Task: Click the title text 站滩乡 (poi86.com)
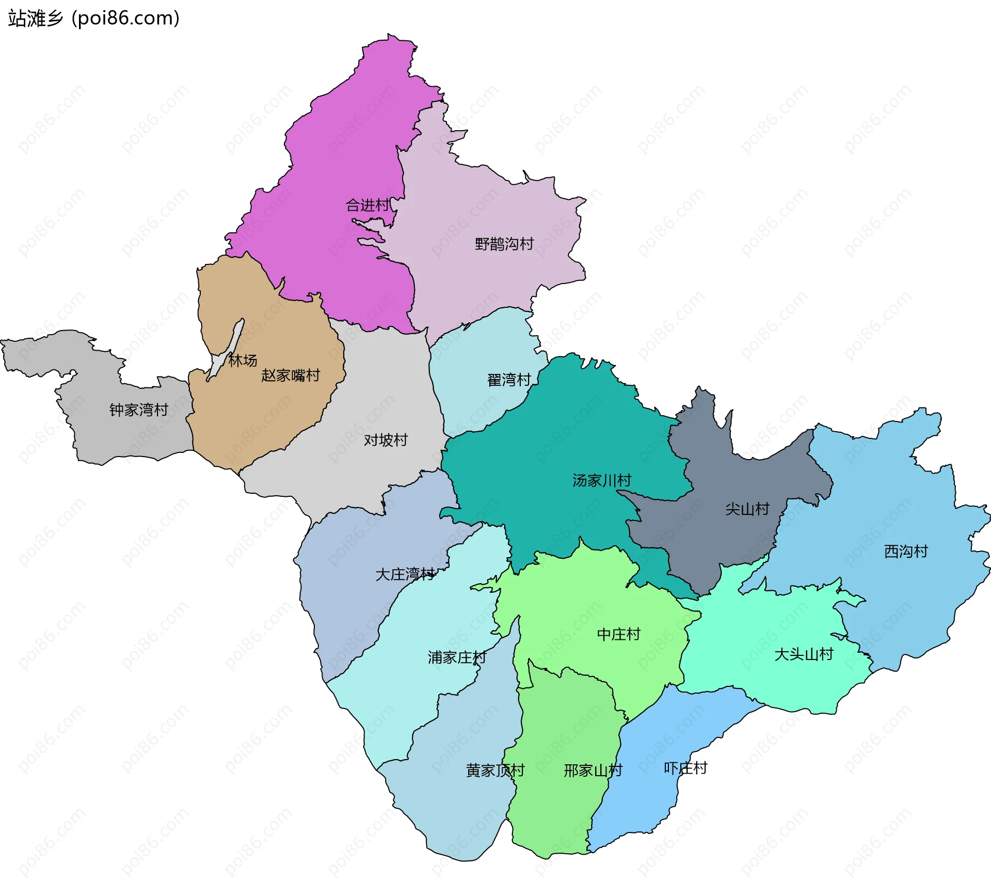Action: (x=93, y=18)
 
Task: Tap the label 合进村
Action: (x=367, y=206)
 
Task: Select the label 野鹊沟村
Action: (x=504, y=244)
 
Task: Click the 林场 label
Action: (x=243, y=360)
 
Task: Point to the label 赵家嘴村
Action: (x=291, y=375)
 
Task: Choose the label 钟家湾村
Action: (x=138, y=410)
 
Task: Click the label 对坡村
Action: (x=386, y=440)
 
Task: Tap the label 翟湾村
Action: (x=509, y=380)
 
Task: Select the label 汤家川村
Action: (x=601, y=481)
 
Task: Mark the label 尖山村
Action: (x=747, y=509)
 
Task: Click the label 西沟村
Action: (x=906, y=552)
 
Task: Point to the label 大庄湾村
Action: (x=405, y=574)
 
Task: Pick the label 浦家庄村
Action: (x=457, y=657)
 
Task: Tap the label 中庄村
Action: (x=618, y=634)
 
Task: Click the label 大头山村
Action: (x=804, y=654)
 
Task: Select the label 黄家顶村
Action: (x=495, y=771)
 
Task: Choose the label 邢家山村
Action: (x=593, y=771)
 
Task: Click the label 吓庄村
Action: (x=685, y=768)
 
